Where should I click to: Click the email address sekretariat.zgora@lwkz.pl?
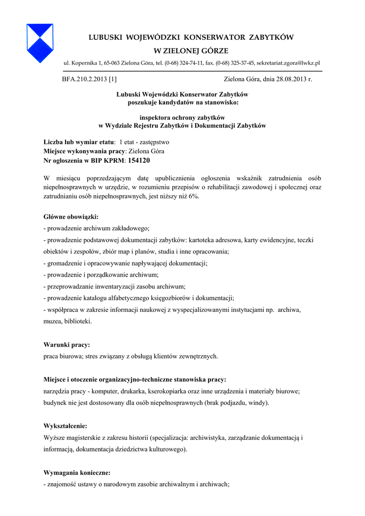point(288,63)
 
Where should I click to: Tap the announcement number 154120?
point(139,160)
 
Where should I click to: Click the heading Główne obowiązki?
point(71,217)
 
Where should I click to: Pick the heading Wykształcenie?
point(65,426)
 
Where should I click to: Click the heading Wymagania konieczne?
point(77,473)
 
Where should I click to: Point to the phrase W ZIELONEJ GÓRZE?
point(191,51)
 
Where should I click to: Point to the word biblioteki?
point(76,321)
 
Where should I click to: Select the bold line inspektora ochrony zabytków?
point(182,117)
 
